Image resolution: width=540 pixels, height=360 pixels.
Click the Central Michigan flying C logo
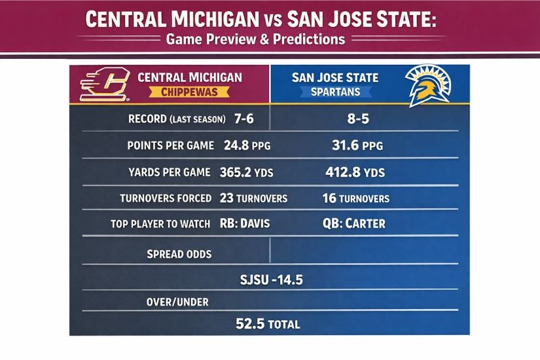click(x=104, y=84)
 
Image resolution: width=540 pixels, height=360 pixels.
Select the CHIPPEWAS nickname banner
click(x=189, y=92)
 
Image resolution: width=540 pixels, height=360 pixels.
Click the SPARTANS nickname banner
click(x=335, y=92)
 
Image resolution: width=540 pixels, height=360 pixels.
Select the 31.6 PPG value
click(x=357, y=146)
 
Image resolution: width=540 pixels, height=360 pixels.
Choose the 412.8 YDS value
click(x=355, y=173)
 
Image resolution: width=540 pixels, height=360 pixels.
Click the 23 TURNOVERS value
click(x=253, y=198)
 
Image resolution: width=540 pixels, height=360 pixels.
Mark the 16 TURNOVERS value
click(x=355, y=198)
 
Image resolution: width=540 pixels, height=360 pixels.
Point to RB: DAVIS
click(x=246, y=224)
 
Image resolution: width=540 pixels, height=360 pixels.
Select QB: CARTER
click(x=353, y=224)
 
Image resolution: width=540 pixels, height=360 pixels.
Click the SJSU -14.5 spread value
click(x=271, y=281)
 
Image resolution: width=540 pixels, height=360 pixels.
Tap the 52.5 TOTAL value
click(x=267, y=324)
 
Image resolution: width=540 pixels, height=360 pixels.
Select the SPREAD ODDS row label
click(x=179, y=253)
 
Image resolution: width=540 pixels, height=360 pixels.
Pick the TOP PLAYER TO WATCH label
click(x=160, y=224)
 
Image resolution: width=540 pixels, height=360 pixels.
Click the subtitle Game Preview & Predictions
click(x=255, y=39)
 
